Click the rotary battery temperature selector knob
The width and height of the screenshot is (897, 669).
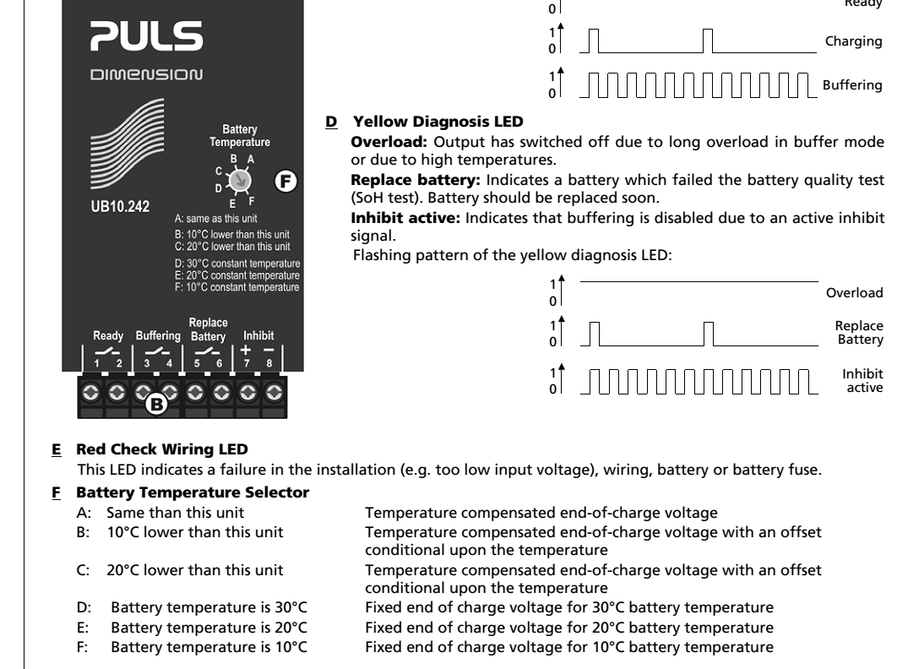point(240,180)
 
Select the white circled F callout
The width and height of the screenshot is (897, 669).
point(286,181)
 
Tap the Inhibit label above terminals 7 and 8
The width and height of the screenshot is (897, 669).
point(259,334)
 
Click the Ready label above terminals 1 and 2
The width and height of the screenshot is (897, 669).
point(107,334)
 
